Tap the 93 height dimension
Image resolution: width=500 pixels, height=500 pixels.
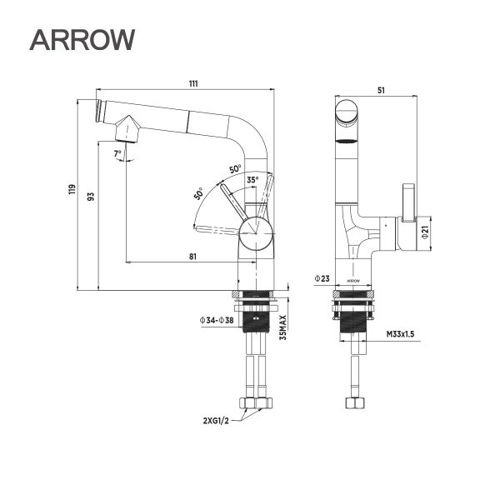point(92,196)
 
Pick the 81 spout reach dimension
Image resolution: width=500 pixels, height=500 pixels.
point(192,257)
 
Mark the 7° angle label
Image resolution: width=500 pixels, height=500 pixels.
point(118,152)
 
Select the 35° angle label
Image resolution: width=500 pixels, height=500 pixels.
point(252,178)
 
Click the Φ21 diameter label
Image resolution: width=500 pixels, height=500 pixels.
point(424,233)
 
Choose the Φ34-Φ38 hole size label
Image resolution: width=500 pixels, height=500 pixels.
point(217,320)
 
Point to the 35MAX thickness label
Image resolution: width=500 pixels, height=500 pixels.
point(283,328)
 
